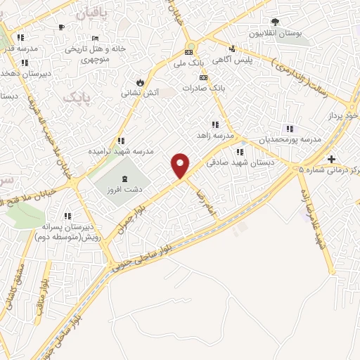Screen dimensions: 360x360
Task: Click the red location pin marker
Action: pyautogui.click(x=181, y=165)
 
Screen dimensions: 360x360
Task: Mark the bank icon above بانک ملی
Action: pyautogui.click(x=188, y=53)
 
